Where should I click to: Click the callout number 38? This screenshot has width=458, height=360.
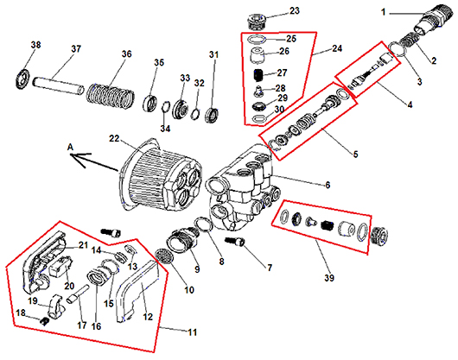36,45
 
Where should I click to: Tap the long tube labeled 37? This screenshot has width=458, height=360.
58,85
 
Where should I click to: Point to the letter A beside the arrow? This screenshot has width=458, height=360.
70,148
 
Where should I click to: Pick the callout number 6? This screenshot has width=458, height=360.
328,185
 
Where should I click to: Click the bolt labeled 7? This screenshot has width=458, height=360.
235,241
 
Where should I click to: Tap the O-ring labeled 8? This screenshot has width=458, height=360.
204,224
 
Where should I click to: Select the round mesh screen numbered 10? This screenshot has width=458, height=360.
163,256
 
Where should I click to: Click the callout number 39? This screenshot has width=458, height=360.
329,278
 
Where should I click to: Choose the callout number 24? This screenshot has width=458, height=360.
337,48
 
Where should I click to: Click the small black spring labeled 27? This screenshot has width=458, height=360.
258,76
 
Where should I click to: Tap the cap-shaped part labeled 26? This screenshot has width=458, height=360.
257,55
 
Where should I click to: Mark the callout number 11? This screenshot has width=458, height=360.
193,332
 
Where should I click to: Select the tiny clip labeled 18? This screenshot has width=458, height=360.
44,320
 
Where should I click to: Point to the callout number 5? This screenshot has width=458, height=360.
355,154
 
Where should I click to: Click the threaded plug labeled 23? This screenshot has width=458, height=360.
257,21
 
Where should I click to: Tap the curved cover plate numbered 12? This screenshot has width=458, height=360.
137,292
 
